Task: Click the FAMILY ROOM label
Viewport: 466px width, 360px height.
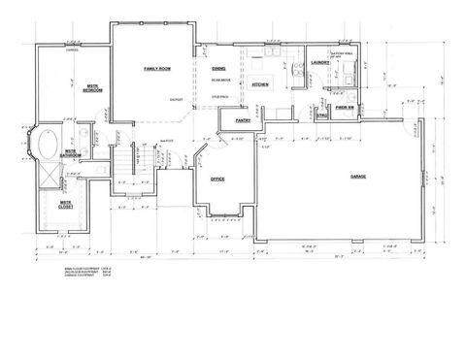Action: click(x=157, y=69)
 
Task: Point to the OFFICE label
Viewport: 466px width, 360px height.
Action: click(x=217, y=180)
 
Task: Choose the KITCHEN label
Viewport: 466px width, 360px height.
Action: click(x=259, y=85)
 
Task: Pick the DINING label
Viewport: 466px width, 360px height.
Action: click(x=220, y=69)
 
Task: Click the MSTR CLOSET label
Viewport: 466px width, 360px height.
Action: click(x=65, y=206)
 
